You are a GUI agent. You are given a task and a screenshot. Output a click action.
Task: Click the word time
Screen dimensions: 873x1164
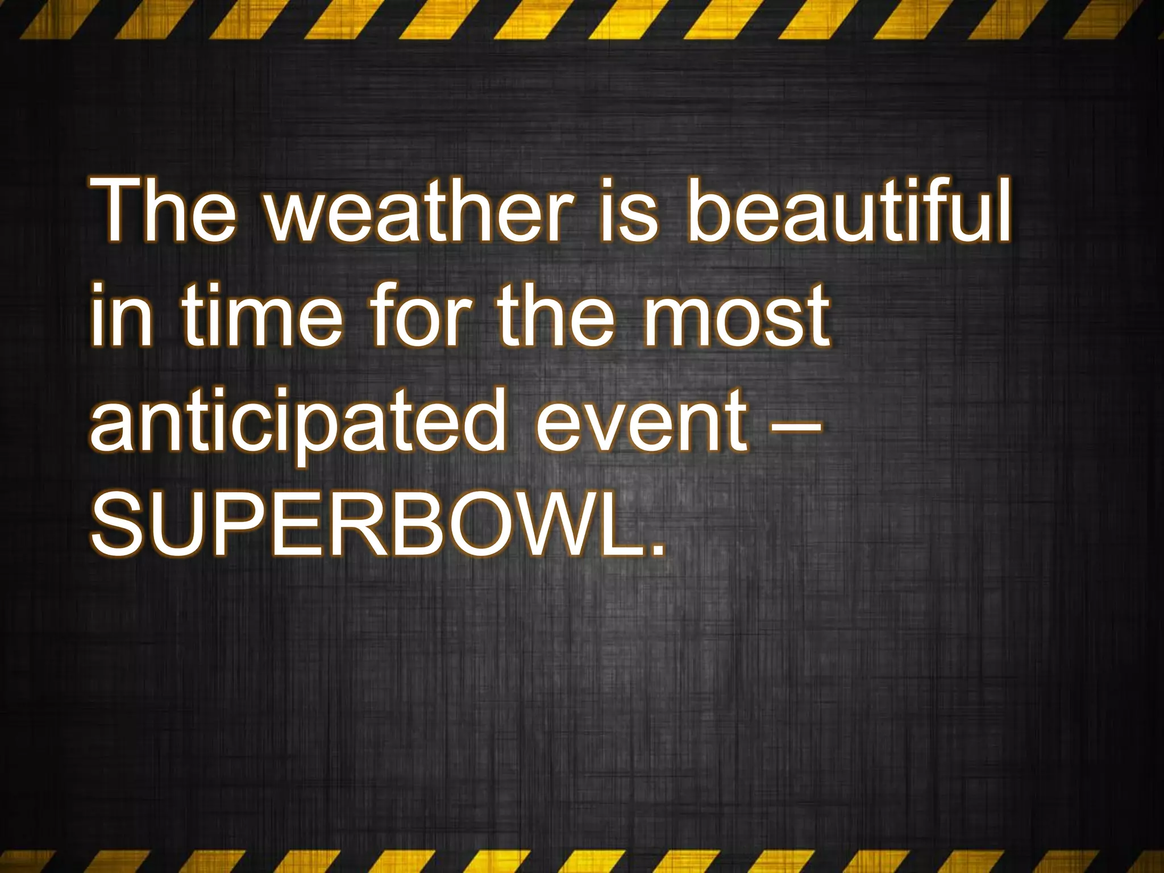[262, 316]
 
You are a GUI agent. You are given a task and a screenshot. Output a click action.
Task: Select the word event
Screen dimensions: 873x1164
[642, 423]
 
